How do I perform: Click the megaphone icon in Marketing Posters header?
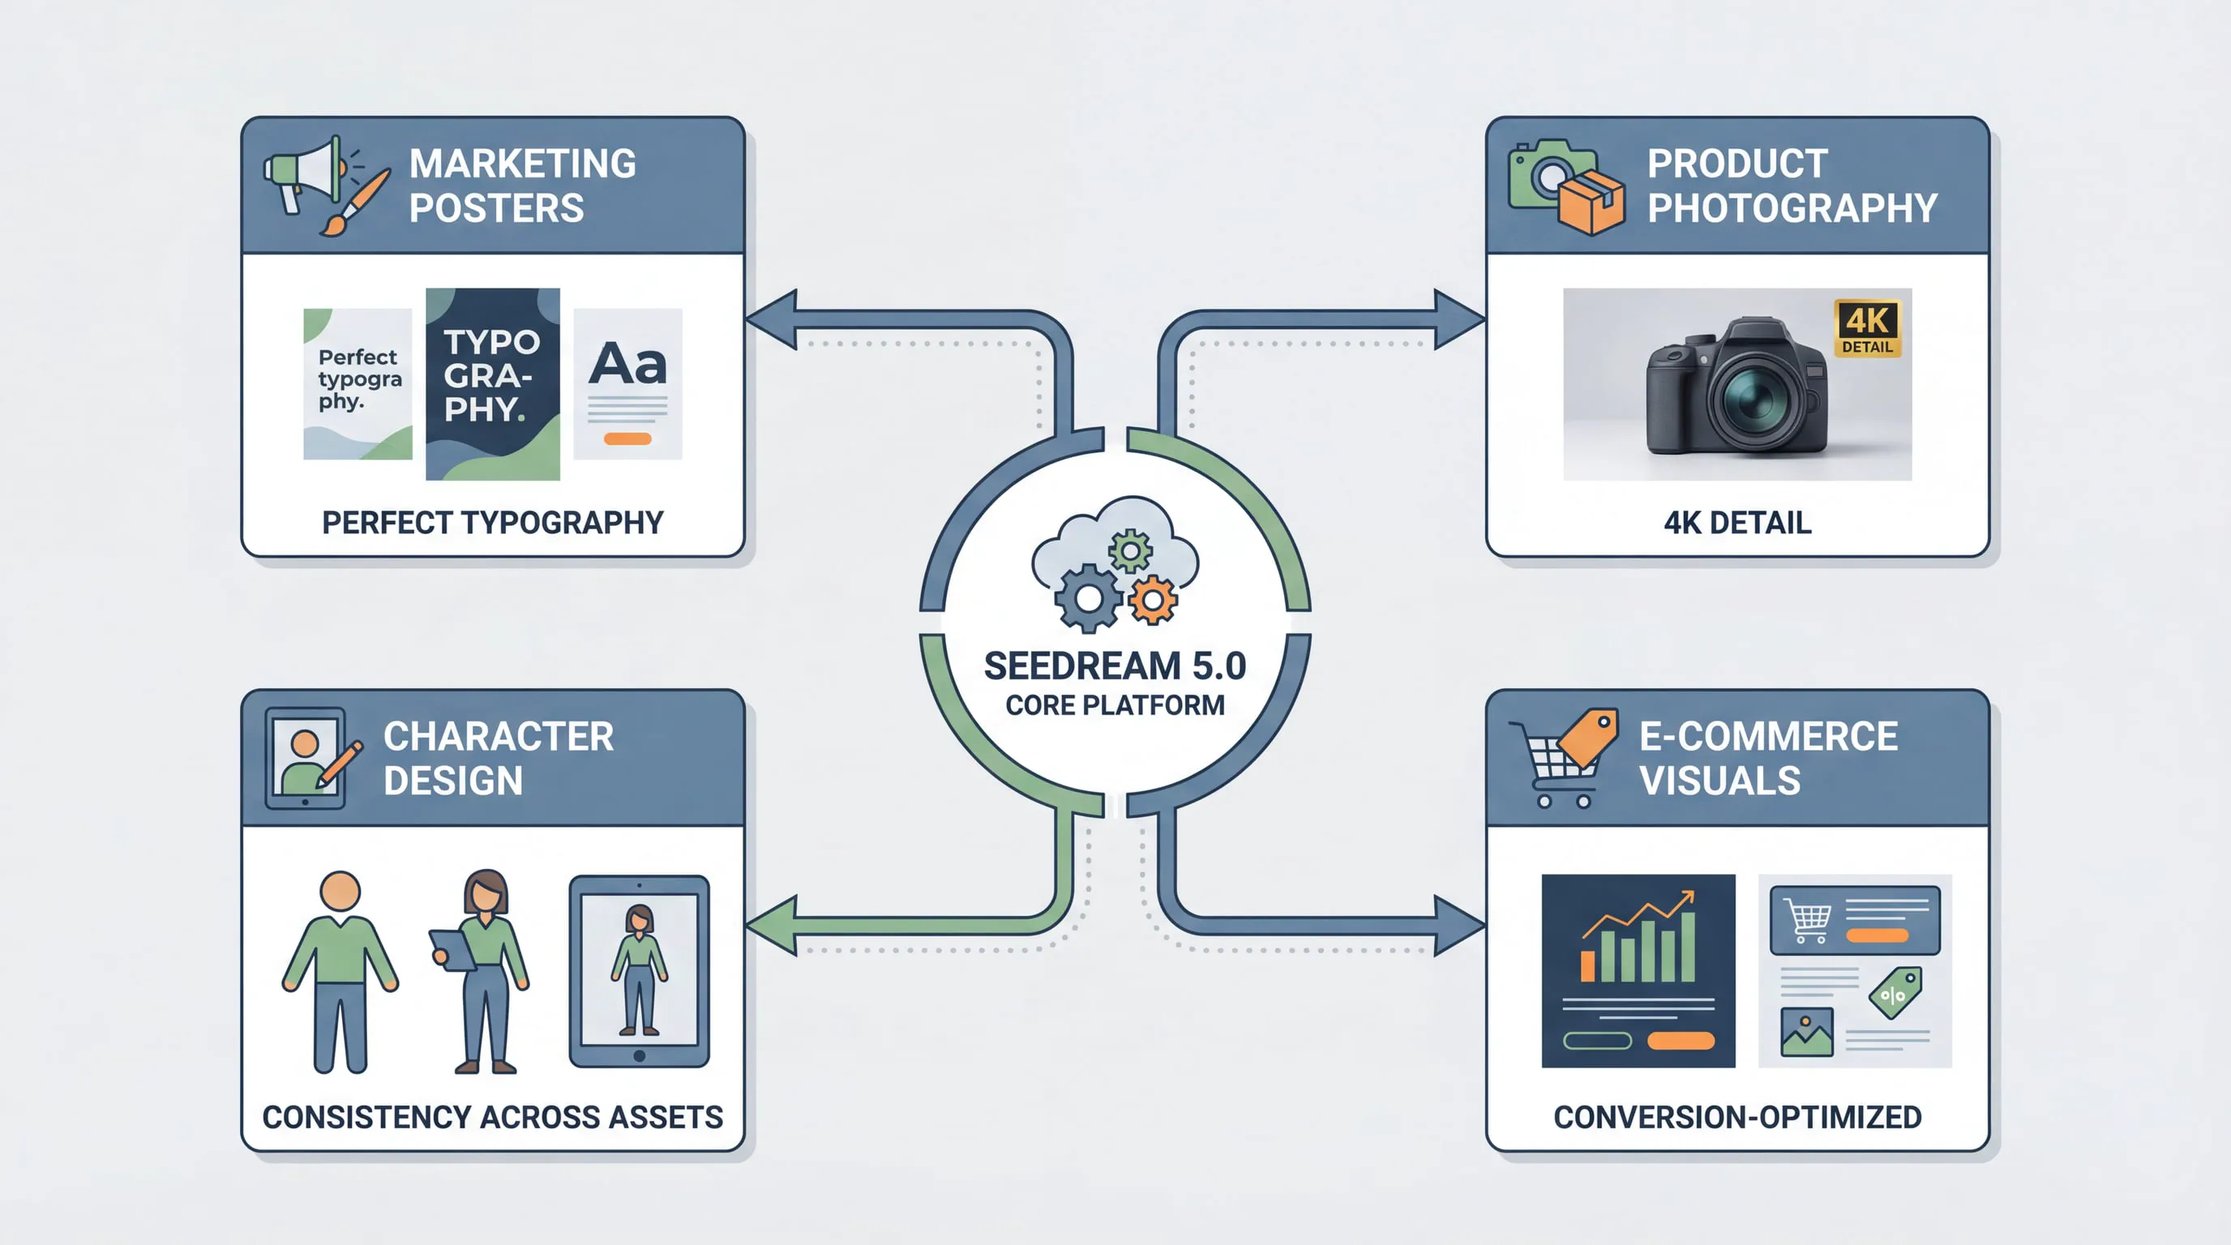coord(303,173)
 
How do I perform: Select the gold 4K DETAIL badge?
coord(1867,328)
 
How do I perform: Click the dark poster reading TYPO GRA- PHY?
coord(493,383)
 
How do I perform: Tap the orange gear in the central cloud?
coord(1152,599)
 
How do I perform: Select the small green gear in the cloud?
coord(1130,550)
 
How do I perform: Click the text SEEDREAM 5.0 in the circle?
coord(1115,665)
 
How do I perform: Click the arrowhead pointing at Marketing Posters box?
coord(773,319)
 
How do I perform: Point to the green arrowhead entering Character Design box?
coord(773,926)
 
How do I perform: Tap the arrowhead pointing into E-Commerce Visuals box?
coord(1458,926)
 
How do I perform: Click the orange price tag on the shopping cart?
coord(1590,736)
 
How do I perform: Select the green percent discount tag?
coord(1895,993)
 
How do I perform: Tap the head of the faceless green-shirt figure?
coord(340,892)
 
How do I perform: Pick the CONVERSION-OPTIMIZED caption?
coord(1737,1117)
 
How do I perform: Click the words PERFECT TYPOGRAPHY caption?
coord(493,523)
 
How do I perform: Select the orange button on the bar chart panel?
coord(1681,1041)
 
